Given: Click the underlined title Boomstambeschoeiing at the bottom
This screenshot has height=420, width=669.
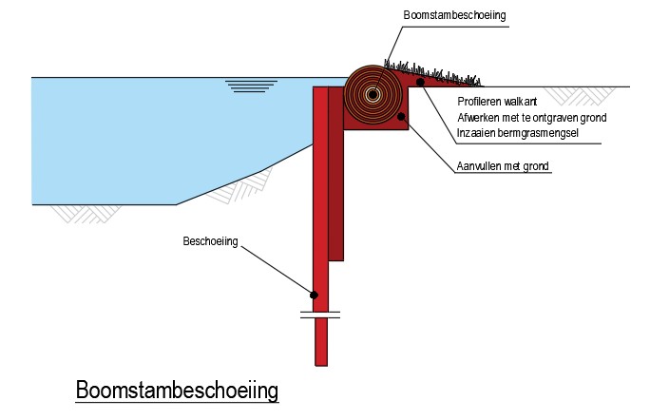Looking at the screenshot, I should (176, 391).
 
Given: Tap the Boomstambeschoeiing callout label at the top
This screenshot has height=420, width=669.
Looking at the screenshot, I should (453, 16).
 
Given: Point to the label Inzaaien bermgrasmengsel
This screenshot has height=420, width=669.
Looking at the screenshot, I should (518, 132).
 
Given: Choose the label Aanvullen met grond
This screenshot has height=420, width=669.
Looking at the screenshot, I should (503, 166).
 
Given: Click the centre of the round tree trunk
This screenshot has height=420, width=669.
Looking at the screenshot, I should (372, 94).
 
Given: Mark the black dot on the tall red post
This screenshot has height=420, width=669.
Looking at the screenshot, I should (314, 295).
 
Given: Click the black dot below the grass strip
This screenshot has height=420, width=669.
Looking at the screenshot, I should (421, 84).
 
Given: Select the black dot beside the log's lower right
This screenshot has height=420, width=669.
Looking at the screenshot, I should (403, 117).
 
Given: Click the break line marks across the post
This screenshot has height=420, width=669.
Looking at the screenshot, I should (320, 314).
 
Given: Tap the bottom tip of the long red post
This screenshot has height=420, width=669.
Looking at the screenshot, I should (321, 363).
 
